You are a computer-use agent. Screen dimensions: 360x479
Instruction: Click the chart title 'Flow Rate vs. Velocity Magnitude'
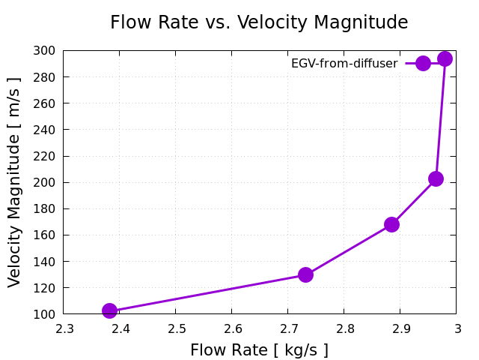click(259, 22)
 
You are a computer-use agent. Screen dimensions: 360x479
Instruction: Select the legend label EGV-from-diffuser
click(344, 64)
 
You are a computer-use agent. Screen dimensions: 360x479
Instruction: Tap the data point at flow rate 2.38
click(109, 310)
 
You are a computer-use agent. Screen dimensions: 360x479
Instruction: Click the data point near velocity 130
click(305, 274)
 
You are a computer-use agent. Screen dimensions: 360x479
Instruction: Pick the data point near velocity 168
click(391, 224)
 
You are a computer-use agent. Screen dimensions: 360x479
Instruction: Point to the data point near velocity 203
click(436, 178)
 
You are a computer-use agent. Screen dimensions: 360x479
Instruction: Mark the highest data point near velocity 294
click(445, 58)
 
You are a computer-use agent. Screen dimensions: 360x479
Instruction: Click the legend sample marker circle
click(423, 63)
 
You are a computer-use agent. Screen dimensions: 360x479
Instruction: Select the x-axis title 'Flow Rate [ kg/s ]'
click(259, 350)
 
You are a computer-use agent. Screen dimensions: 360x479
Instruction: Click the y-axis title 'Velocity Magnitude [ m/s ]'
click(15, 182)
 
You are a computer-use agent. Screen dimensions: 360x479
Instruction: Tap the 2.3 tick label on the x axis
click(64, 328)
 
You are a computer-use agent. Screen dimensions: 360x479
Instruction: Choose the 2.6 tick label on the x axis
click(232, 328)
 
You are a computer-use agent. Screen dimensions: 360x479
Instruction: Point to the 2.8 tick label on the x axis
click(344, 328)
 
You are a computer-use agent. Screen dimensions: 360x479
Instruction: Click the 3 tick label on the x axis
click(457, 328)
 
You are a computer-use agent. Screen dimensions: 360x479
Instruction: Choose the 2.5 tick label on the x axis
click(176, 328)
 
